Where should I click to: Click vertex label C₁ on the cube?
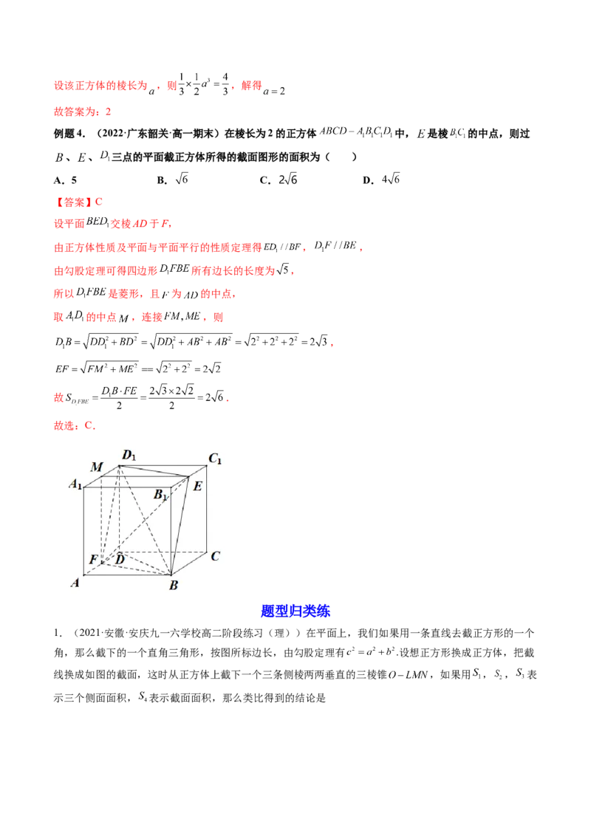[x=215, y=459]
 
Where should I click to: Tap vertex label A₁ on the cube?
[x=76, y=484]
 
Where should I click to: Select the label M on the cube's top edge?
[x=97, y=467]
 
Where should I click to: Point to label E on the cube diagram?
[x=197, y=486]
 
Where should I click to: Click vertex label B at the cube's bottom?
[x=174, y=585]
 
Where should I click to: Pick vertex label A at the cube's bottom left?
[x=75, y=583]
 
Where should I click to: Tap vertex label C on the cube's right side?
[x=215, y=556]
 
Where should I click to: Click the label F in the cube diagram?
[x=93, y=559]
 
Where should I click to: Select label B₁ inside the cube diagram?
[x=160, y=495]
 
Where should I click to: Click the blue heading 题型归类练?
[x=295, y=611]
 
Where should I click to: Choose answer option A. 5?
[x=65, y=180]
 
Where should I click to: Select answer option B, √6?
[x=172, y=179]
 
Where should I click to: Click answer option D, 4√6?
[x=381, y=179]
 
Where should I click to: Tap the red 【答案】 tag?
[x=73, y=202]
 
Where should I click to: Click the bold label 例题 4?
[x=69, y=134]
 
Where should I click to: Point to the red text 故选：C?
[x=75, y=425]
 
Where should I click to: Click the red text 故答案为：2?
[x=82, y=112]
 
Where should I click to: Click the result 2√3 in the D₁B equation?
[x=318, y=341]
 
